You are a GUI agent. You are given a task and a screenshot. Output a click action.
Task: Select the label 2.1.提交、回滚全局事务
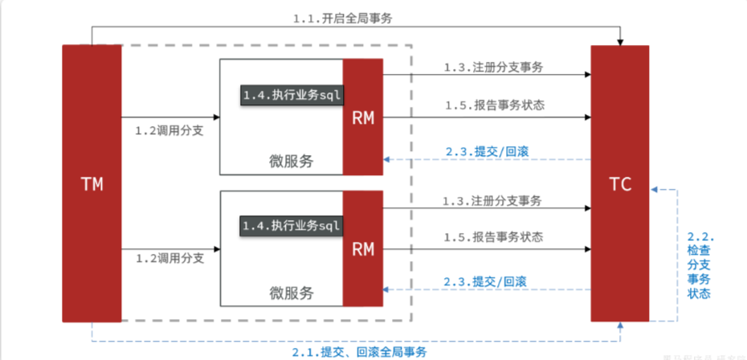pos(358,352)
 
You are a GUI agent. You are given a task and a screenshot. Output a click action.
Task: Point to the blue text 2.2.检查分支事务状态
pos(699,265)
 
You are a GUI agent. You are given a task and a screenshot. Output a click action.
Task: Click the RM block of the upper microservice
pos(363,117)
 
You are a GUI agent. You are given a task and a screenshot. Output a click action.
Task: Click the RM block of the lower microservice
pos(363,248)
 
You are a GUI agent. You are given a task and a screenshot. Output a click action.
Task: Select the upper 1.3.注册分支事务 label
pos(493,67)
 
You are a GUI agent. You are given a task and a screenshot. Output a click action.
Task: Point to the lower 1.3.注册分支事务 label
pos(493,199)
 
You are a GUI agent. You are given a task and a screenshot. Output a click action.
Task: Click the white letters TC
pos(619,184)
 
